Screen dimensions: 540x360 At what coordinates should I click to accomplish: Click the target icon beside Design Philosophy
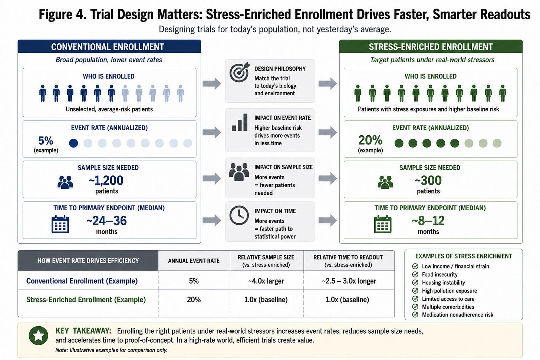coord(239,72)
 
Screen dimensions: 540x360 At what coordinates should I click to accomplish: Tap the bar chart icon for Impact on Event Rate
coord(240,122)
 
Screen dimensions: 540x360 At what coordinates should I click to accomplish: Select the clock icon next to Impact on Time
coord(239,215)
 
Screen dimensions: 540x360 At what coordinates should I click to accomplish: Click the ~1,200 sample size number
coord(106,181)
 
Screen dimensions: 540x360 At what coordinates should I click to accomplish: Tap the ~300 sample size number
coord(428,181)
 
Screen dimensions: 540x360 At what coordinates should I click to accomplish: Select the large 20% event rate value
coord(370,140)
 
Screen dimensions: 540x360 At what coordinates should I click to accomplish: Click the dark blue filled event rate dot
coord(73,143)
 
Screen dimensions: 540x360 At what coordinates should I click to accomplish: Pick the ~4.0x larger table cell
coord(266,281)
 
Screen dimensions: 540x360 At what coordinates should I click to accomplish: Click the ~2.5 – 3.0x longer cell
coord(349,281)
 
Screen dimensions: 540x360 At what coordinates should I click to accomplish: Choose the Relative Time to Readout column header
coord(348,261)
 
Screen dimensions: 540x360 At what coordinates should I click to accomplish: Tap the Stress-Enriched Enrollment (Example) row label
coord(86,300)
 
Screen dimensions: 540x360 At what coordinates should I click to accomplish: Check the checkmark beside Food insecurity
coord(415,274)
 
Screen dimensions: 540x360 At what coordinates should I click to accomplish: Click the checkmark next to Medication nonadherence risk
coord(415,314)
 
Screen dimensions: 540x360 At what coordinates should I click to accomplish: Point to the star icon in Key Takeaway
coord(38,336)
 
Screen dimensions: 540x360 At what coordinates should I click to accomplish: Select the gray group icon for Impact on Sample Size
coord(239,172)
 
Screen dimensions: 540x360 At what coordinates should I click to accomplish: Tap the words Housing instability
coord(443,283)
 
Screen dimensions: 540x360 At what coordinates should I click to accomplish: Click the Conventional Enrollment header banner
coord(109,46)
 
